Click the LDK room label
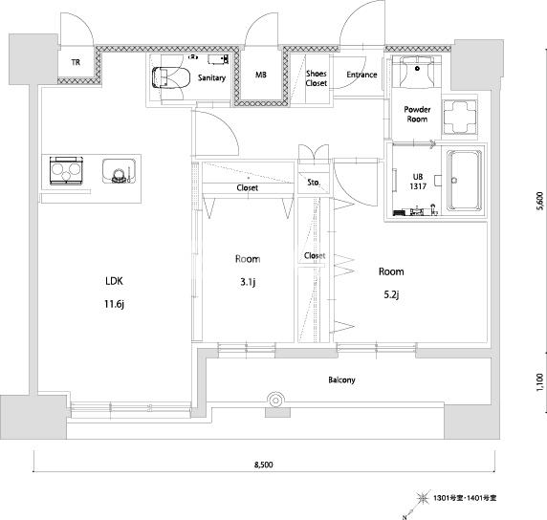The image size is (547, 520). pyautogui.click(x=114, y=281)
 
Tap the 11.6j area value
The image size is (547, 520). pyautogui.click(x=114, y=304)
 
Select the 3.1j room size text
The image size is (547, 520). pyautogui.click(x=248, y=282)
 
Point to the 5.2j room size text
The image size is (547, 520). pyautogui.click(x=391, y=295)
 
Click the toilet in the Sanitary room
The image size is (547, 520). pyautogui.click(x=171, y=77)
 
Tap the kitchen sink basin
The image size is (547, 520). pyautogui.click(x=119, y=171)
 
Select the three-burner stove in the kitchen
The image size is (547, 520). pyautogui.click(x=66, y=170)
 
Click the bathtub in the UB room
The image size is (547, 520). pyautogui.click(x=464, y=181)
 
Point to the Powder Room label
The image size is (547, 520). pyautogui.click(x=417, y=114)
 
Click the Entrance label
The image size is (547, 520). pyautogui.click(x=361, y=75)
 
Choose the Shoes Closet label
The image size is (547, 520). pyautogui.click(x=317, y=78)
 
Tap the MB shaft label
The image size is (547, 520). pyautogui.click(x=261, y=75)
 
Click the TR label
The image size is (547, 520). pyautogui.click(x=76, y=62)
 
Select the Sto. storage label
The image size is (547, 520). pyautogui.click(x=314, y=183)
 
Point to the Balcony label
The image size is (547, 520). pyautogui.click(x=341, y=379)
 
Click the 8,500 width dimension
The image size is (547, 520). pyautogui.click(x=263, y=465)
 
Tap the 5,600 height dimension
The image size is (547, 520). pyautogui.click(x=540, y=201)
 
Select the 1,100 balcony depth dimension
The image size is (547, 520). pyautogui.click(x=539, y=382)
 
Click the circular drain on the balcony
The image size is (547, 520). pyautogui.click(x=275, y=401)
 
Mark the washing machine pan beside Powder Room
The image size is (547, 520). pyautogui.click(x=460, y=117)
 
